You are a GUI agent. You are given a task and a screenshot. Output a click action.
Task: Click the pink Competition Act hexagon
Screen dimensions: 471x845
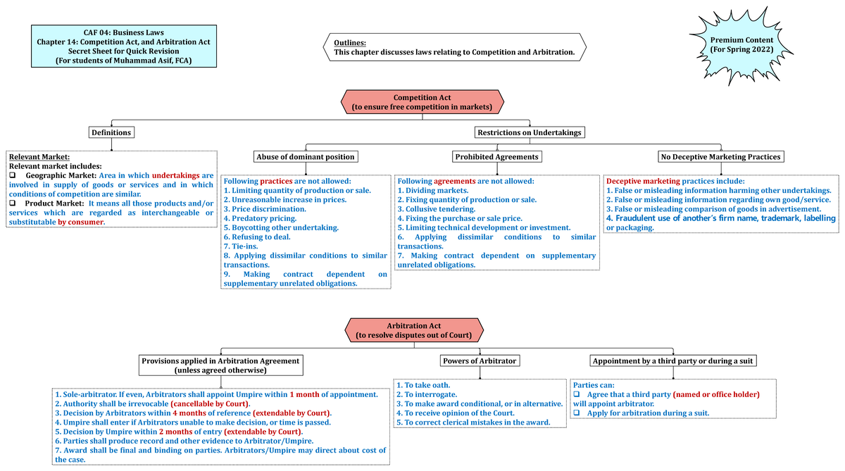[x=422, y=102]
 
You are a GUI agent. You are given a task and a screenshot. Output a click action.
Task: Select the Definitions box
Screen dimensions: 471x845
[x=111, y=132]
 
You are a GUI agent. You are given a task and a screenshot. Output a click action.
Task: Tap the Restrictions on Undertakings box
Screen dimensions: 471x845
[x=530, y=132]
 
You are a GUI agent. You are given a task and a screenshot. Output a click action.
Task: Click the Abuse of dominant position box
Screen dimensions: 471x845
[x=306, y=156]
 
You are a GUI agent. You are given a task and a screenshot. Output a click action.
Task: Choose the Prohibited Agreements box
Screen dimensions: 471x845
[x=497, y=156]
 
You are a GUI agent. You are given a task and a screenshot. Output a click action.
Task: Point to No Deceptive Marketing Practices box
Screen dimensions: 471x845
[x=720, y=156]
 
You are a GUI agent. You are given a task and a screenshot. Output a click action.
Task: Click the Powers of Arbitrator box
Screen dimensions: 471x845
[x=480, y=360]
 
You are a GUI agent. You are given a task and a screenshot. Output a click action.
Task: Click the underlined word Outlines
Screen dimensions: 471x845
[x=350, y=43]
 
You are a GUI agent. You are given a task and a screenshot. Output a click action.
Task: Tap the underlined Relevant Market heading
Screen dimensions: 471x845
[x=39, y=156]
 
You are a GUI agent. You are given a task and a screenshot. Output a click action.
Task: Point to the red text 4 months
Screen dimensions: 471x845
[x=188, y=413]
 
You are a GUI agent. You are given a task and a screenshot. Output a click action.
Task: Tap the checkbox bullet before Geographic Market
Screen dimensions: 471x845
[x=13, y=175]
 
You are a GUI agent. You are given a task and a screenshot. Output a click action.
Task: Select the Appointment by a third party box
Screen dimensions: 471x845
[x=672, y=360]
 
